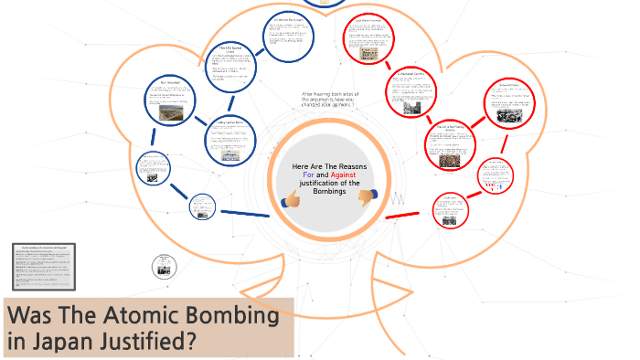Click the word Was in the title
coord(32,316)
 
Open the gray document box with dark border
coord(45,266)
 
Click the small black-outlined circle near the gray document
coord(163,268)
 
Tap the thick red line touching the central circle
coord(402,215)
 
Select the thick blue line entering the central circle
coord(242,213)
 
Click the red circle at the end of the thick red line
coord(448,209)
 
